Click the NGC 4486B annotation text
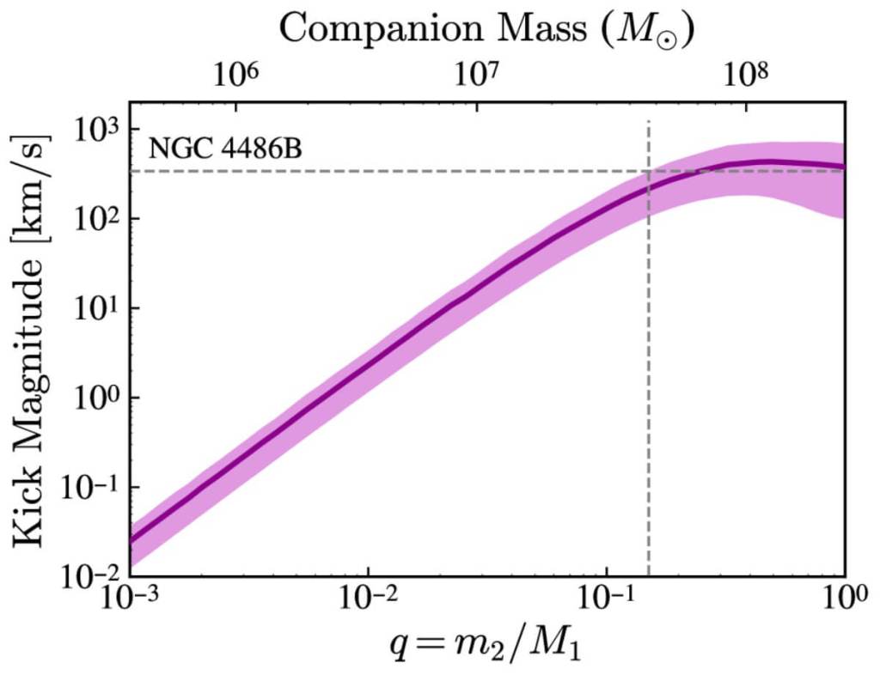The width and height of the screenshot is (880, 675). [224, 148]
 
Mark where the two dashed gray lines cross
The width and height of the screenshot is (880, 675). [648, 171]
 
